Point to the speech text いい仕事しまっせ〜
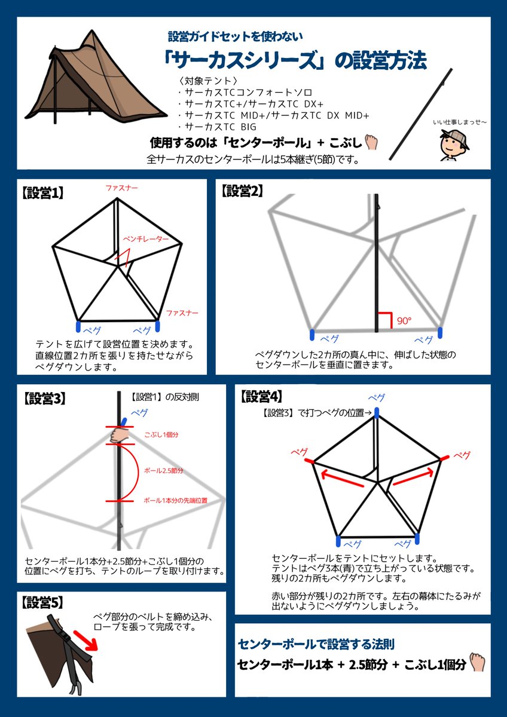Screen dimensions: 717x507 tap(460, 122)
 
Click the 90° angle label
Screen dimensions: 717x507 tap(404, 321)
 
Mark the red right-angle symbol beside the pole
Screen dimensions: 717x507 tap(384, 320)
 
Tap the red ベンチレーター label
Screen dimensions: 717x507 tap(145, 238)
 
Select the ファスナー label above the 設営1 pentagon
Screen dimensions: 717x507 tap(121, 188)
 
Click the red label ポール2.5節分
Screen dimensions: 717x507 tap(163, 471)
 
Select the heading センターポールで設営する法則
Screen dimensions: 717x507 tap(316, 644)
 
